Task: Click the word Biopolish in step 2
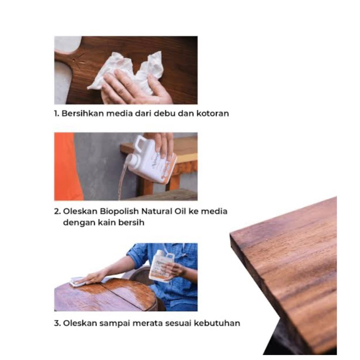tap(119, 211)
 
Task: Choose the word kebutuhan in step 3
tap(217, 323)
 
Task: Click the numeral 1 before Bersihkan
tap(56, 113)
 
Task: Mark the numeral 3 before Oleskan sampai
tap(57, 323)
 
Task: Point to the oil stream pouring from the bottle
tap(122, 179)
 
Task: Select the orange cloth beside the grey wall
tap(67, 166)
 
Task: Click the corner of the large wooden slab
tap(230, 234)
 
